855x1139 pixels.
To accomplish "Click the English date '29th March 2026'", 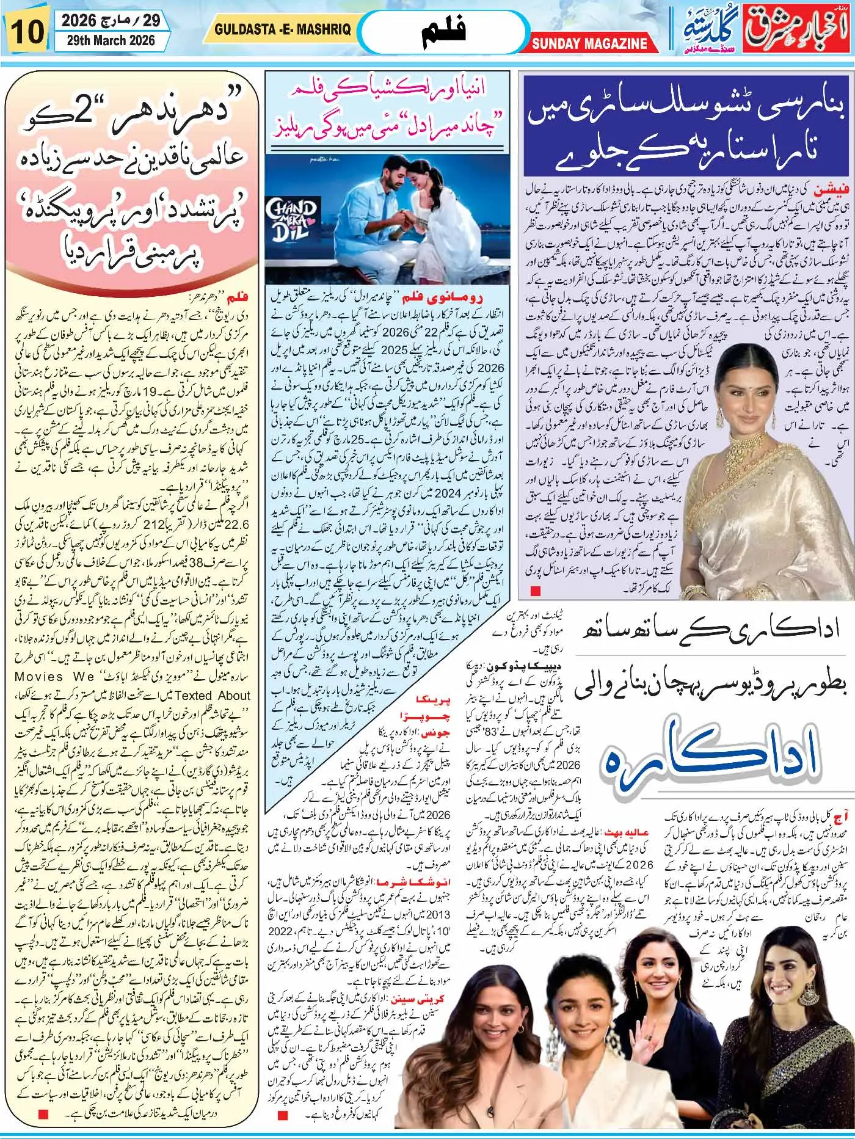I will [107, 42].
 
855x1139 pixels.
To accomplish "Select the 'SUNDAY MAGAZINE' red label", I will [589, 43].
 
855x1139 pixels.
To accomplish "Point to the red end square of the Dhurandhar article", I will [42, 1097].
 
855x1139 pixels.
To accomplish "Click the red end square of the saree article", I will [535, 591].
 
